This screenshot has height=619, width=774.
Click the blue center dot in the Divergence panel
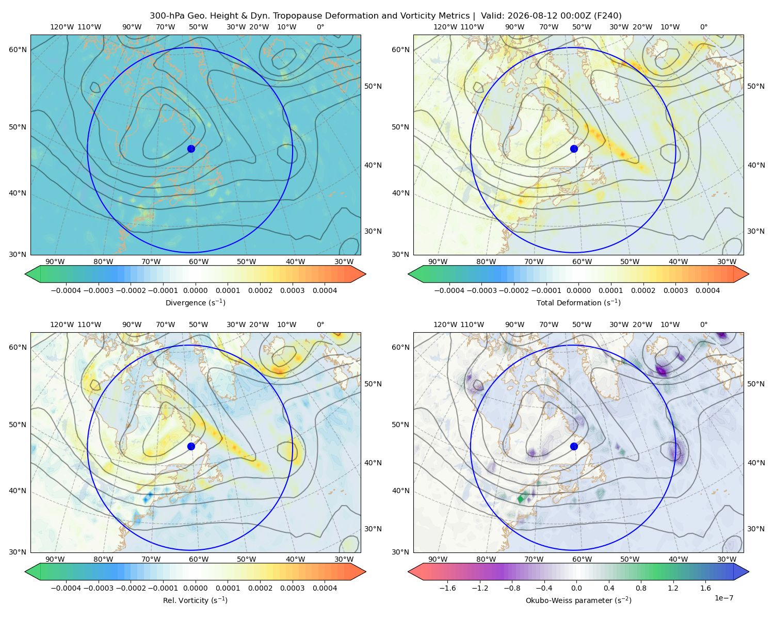[191, 149]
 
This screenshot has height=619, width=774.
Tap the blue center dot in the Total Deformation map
[574, 149]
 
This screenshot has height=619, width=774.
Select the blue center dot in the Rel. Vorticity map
[191, 446]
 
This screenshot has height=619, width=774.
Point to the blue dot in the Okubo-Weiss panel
[574, 446]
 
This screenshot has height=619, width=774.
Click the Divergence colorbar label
[195, 303]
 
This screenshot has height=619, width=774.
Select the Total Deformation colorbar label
[578, 303]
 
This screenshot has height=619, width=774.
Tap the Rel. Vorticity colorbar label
[195, 600]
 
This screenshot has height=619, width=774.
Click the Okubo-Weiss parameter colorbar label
[578, 600]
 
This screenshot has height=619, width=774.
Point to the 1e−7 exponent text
[723, 598]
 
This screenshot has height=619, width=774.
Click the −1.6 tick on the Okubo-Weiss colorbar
[447, 588]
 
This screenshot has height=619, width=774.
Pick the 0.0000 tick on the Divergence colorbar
[195, 290]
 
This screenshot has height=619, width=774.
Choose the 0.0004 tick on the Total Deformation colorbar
[707, 290]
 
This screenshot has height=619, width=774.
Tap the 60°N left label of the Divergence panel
[18, 50]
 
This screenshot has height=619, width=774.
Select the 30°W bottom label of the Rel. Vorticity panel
[344, 559]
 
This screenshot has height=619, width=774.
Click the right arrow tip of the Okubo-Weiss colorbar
[749, 572]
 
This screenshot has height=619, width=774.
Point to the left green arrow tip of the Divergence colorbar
[25, 274]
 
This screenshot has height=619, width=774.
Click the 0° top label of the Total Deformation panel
[703, 27]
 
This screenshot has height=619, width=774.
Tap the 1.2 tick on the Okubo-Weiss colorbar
[673, 588]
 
